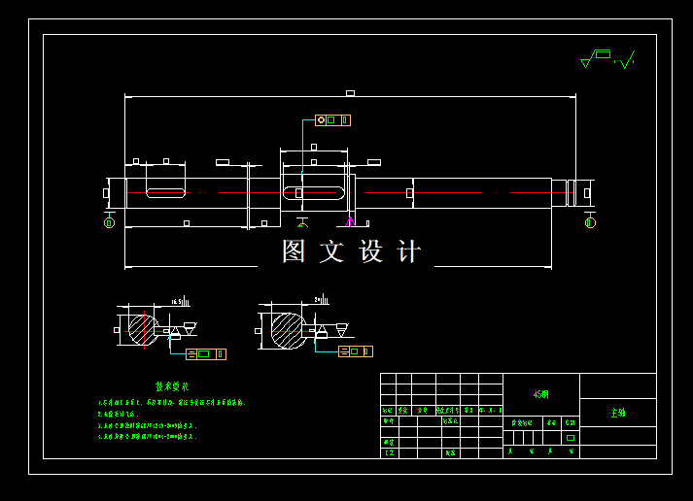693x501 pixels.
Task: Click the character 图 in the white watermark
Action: tap(294, 251)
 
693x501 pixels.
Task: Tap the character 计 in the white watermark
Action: tap(409, 251)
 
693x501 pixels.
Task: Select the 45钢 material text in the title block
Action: tap(541, 395)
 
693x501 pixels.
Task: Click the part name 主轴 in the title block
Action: tap(618, 413)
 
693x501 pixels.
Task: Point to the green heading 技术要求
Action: tap(173, 386)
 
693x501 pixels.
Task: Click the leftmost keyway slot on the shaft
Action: tap(165, 193)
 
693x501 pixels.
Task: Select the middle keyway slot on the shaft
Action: tap(313, 193)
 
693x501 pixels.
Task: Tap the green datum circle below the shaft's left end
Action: tap(109, 223)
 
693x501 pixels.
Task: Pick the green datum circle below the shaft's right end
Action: tap(590, 223)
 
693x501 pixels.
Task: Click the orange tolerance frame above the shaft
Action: tap(332, 120)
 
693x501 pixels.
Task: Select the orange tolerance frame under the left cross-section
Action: tap(205, 353)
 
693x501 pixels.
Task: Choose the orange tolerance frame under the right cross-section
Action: tap(355, 351)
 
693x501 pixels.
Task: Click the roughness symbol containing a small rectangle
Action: tap(595, 59)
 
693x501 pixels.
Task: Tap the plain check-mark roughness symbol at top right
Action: tap(627, 60)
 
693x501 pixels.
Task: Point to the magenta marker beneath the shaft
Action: tap(350, 220)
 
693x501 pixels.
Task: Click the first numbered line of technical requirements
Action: tap(171, 402)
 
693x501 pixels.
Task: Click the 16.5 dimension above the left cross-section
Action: tap(177, 302)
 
